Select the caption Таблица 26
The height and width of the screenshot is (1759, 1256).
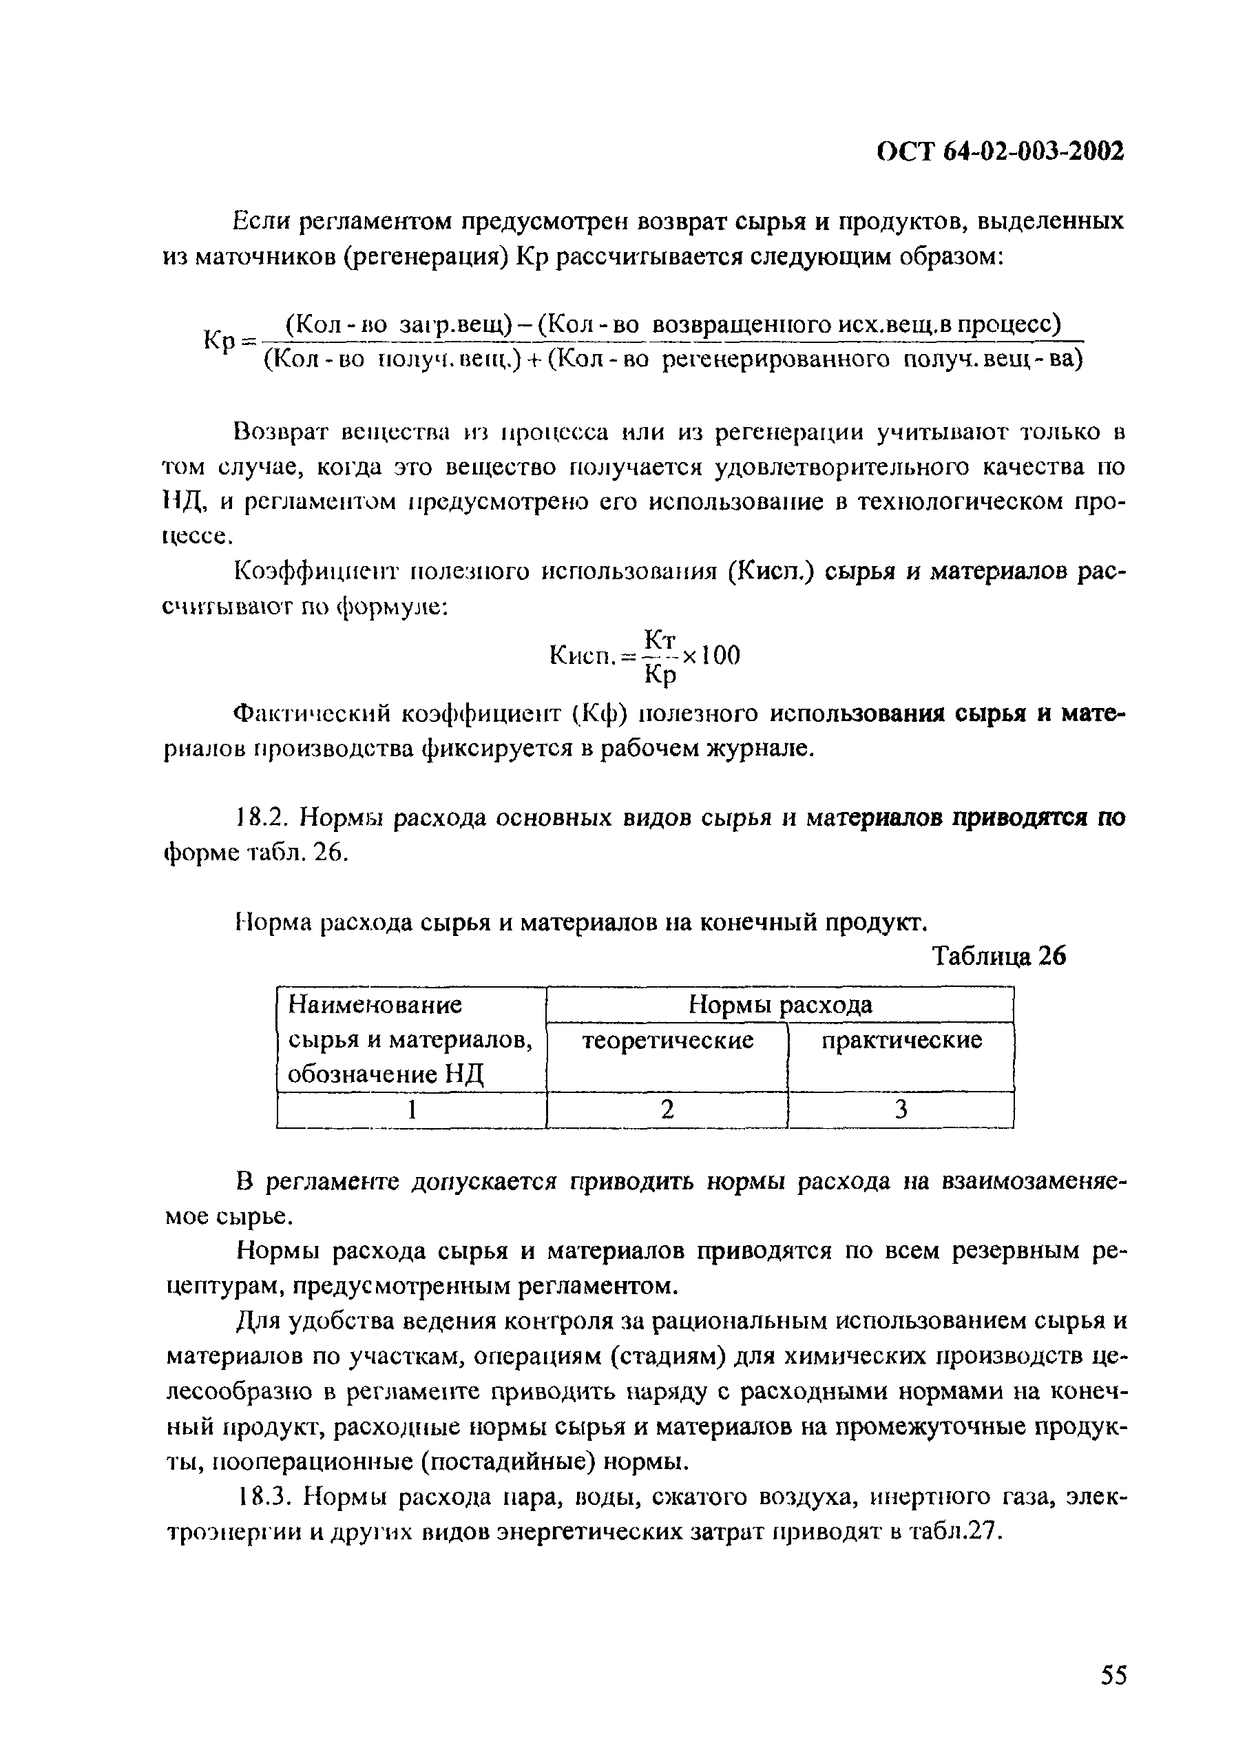click(x=998, y=957)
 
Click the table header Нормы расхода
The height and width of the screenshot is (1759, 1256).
click(x=779, y=1005)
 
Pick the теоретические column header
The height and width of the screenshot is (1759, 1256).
click(x=667, y=1041)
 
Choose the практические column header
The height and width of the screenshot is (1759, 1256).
click(x=901, y=1041)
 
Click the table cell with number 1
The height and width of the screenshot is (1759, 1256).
click(x=412, y=1110)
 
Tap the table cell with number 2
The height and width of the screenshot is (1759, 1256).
click(x=667, y=1110)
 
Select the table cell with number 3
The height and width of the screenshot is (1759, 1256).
click(x=901, y=1110)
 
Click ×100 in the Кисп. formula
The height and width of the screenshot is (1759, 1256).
click(x=711, y=655)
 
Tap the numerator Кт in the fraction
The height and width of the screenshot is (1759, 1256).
click(x=660, y=639)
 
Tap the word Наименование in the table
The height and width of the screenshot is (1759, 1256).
click(x=375, y=1005)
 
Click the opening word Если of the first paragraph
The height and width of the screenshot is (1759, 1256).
click(x=261, y=222)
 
